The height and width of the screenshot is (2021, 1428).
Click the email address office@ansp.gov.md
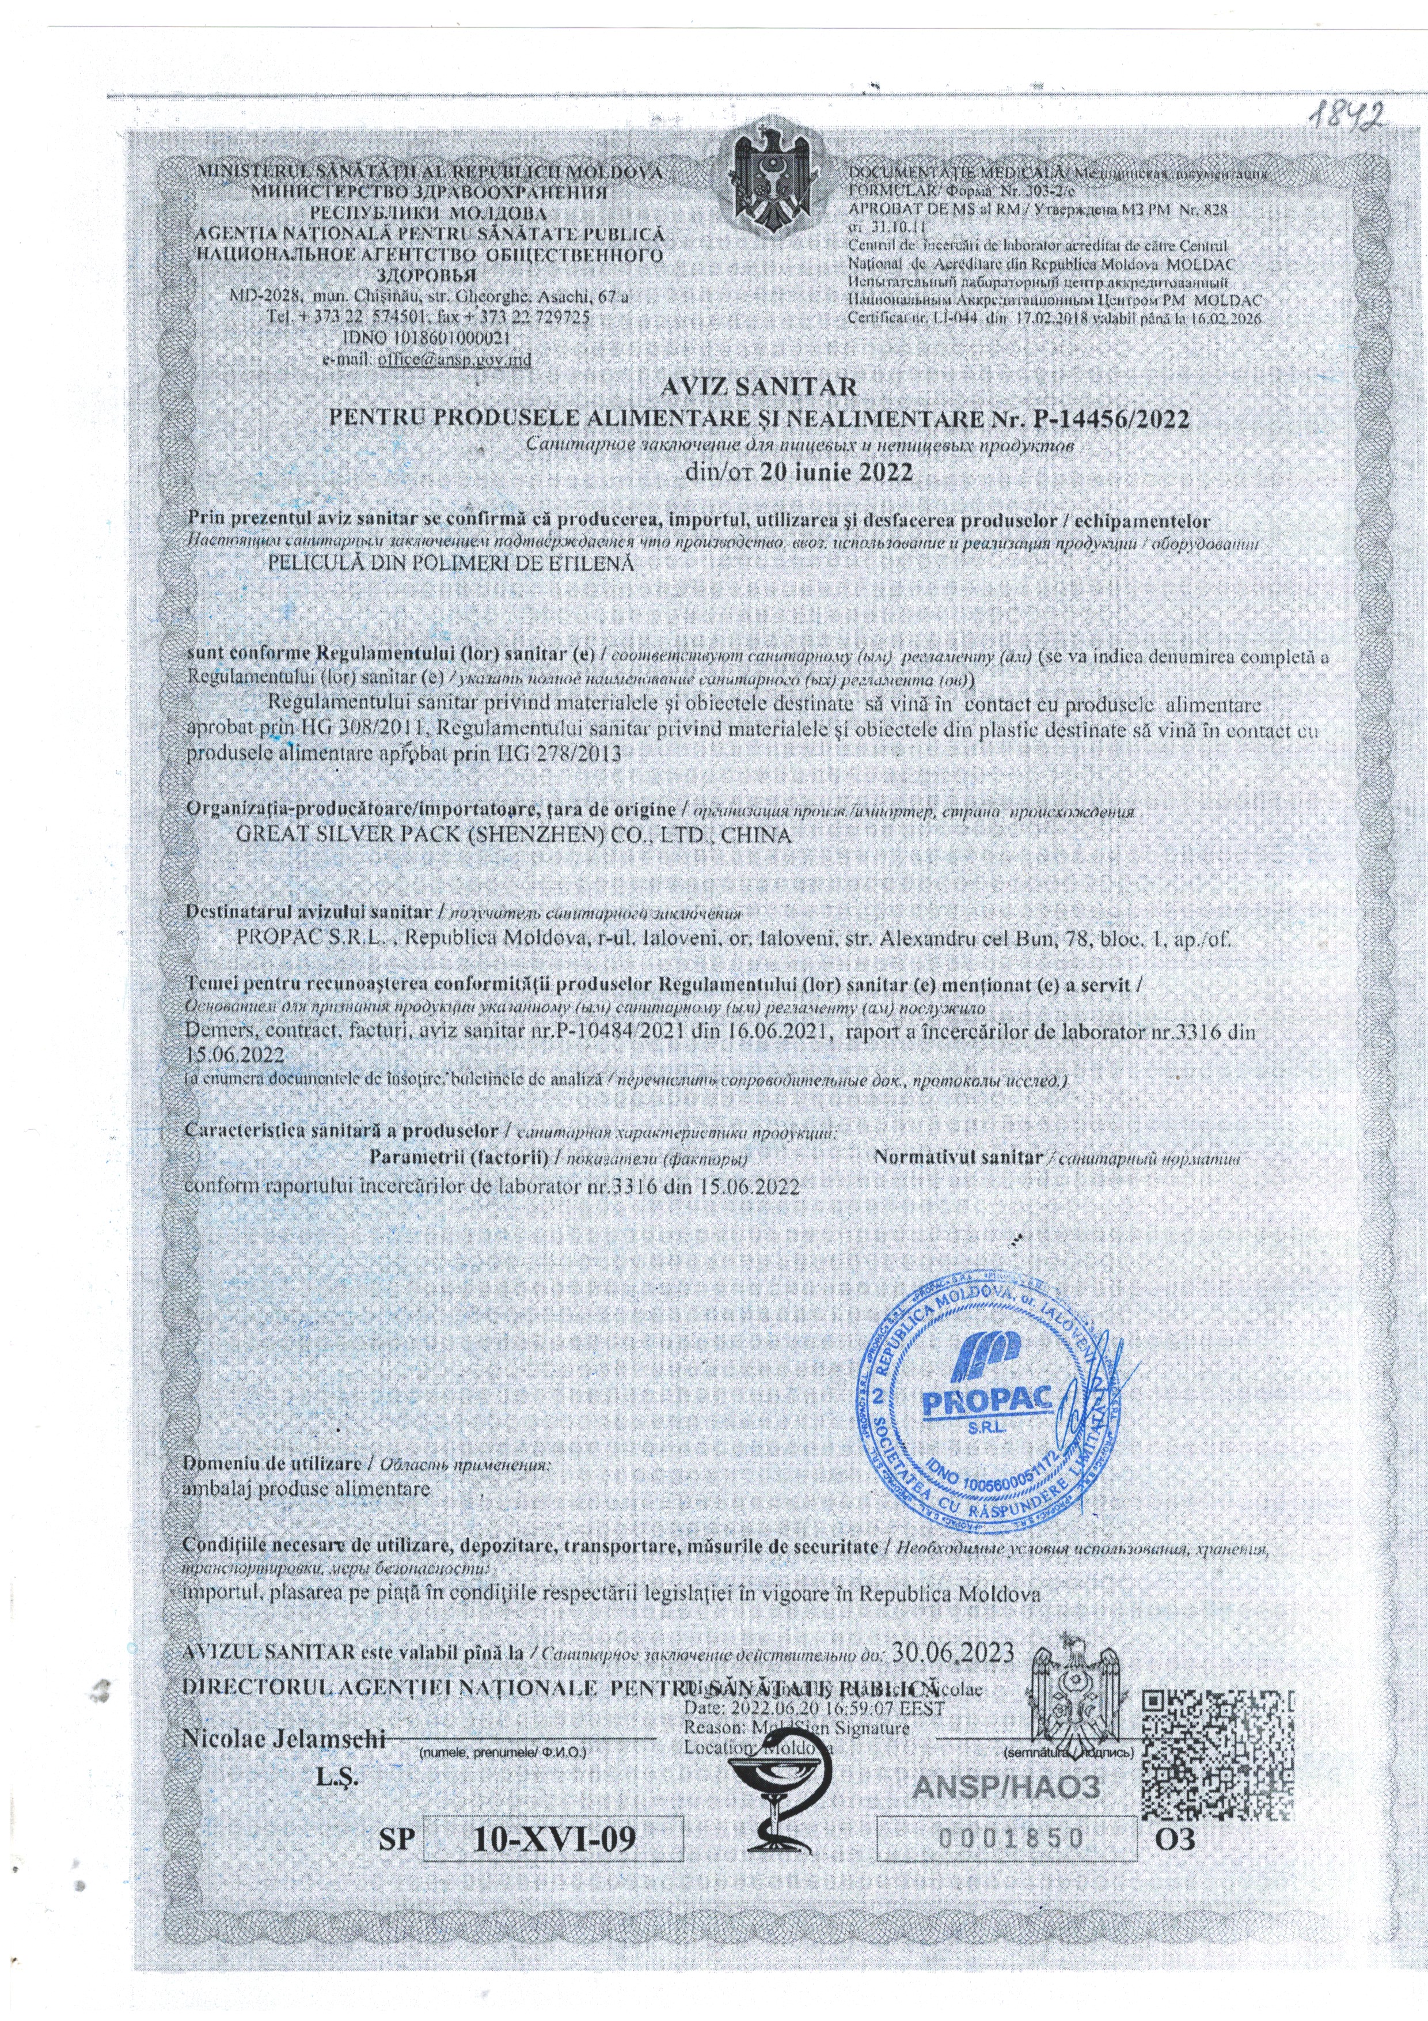[454, 358]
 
